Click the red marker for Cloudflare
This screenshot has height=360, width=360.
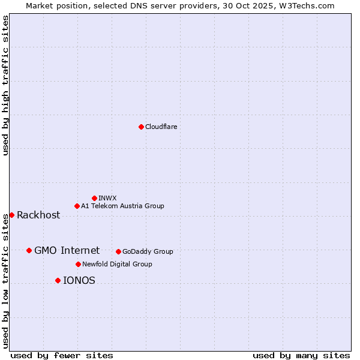(141, 127)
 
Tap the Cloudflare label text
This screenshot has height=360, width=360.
(161, 127)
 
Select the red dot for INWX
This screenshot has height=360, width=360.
(94, 198)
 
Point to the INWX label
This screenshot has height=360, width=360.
(107, 198)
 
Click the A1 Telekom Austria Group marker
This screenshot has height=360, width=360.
(77, 206)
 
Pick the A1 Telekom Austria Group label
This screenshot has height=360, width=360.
(122, 206)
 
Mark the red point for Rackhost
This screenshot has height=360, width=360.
(11, 215)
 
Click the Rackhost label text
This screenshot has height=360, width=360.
(38, 215)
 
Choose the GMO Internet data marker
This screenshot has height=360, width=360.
(29, 250)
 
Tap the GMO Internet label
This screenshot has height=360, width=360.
(67, 250)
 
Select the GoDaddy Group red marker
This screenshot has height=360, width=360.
(118, 251)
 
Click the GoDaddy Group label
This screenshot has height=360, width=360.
(148, 251)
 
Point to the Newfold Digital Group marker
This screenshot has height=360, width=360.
(78, 264)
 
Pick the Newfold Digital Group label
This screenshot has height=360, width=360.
(117, 264)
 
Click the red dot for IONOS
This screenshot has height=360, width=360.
(58, 280)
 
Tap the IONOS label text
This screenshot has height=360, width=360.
(79, 280)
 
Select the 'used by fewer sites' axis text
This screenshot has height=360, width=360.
(62, 355)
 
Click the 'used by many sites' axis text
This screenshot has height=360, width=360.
(301, 355)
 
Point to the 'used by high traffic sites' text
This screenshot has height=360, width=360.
(6, 85)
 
